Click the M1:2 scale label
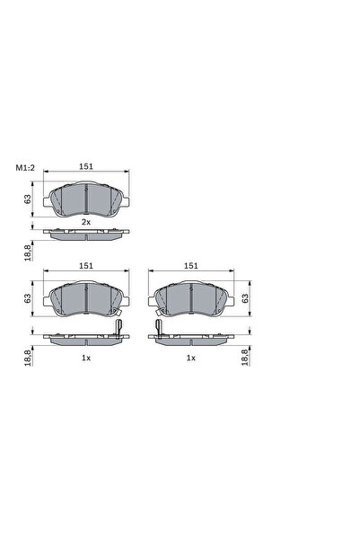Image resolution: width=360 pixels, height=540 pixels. [23, 168]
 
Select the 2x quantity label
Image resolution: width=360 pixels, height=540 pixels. [87, 221]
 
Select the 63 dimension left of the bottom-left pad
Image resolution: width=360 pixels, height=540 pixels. [28, 297]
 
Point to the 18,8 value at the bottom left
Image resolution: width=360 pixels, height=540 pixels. [28, 357]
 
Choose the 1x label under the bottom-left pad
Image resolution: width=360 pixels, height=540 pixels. [87, 358]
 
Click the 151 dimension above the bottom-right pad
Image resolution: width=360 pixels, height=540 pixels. [190, 266]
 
